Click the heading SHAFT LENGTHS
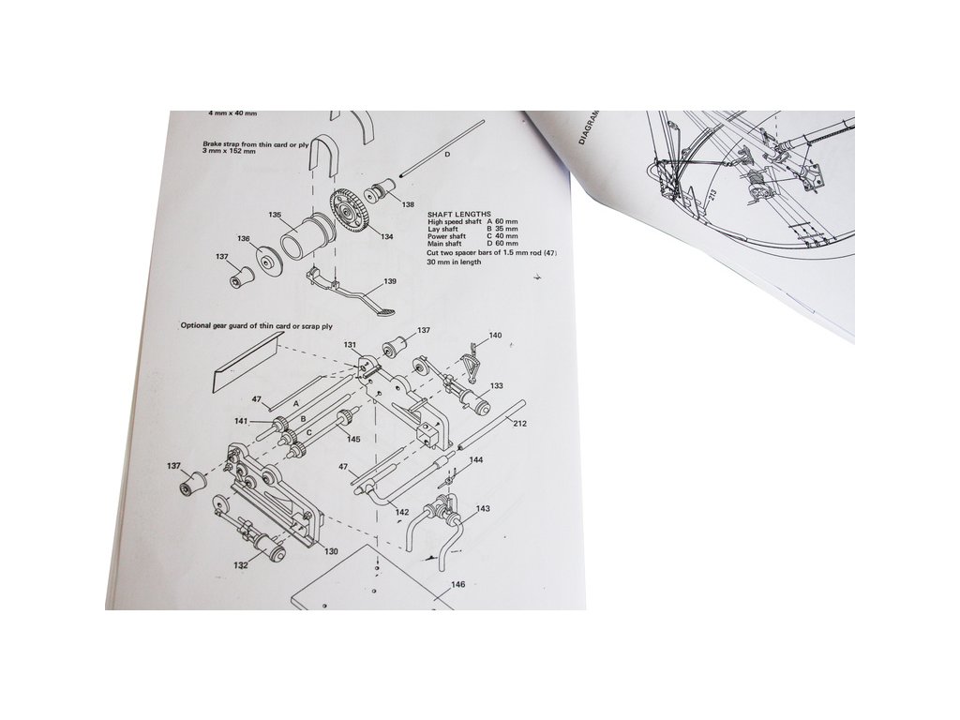coord(458,215)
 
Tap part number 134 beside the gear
coord(386,237)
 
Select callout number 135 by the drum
coord(275,216)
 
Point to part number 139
coord(390,281)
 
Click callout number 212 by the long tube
coord(519,424)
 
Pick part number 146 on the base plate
coord(457,584)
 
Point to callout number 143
coord(483,508)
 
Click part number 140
coord(495,335)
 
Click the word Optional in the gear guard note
coord(198,326)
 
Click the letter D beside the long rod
coord(446,153)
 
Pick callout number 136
coord(244,239)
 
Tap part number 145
coord(353,439)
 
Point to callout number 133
coord(497,386)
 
